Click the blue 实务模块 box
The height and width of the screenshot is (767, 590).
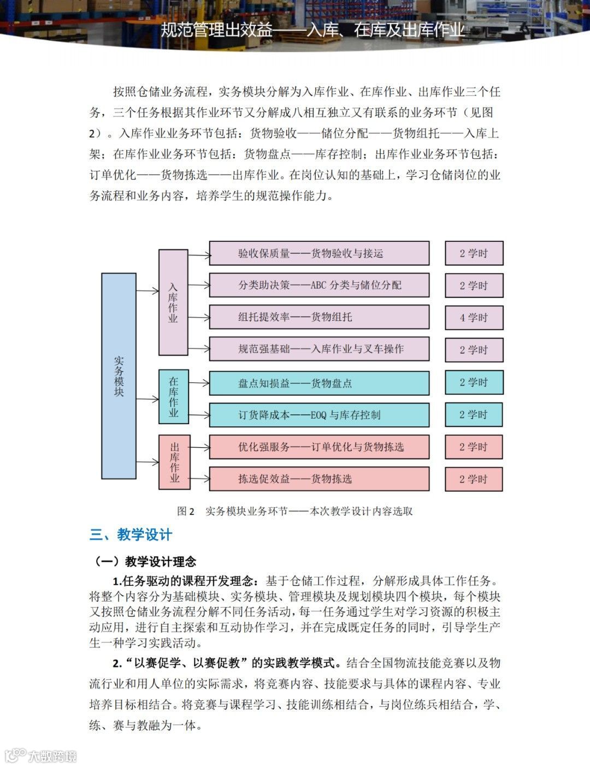tap(119, 376)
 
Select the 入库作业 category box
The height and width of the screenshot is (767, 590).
tap(173, 302)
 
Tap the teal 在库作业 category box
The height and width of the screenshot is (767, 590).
tap(173, 396)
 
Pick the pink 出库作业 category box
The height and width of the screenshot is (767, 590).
tap(174, 462)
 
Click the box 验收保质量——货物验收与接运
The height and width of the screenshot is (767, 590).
tap(319, 253)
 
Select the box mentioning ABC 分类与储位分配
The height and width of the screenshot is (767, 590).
tap(319, 285)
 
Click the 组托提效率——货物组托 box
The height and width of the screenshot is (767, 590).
tap(319, 317)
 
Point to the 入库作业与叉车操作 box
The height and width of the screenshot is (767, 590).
tap(319, 349)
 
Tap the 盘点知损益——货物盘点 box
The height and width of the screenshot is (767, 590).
tap(319, 383)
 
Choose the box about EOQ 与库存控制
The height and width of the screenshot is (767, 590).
tap(319, 415)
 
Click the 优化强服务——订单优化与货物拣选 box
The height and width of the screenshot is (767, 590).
tap(319, 447)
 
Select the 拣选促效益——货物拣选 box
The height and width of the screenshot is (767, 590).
tap(319, 479)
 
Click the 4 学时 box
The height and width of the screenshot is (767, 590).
tap(474, 317)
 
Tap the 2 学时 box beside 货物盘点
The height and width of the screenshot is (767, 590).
tap(474, 383)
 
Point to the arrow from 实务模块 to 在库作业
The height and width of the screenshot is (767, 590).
tap(147, 399)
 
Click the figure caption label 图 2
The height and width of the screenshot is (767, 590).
tap(186, 512)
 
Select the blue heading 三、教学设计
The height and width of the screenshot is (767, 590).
tap(131, 535)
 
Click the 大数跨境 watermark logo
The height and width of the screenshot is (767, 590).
tap(41, 756)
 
